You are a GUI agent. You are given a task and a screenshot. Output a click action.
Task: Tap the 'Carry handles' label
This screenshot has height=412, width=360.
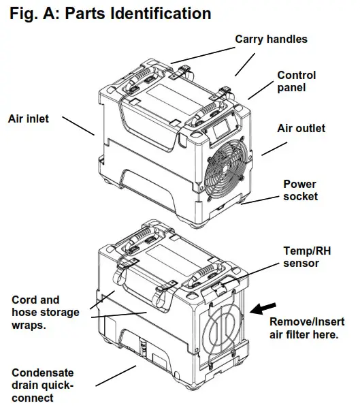point(271,39)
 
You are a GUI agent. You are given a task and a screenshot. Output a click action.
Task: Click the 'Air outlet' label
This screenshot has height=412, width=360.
point(301,128)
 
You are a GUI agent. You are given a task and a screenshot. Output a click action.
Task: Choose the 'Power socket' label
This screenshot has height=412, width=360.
point(300,190)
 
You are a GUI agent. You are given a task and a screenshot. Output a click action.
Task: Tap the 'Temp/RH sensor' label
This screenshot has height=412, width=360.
point(301,257)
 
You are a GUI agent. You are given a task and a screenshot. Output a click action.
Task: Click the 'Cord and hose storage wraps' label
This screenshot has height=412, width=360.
point(45,312)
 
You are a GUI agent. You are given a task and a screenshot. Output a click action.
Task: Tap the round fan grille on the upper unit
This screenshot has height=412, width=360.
point(228,173)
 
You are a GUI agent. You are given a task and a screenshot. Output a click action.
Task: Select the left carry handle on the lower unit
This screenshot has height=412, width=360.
point(140,238)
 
